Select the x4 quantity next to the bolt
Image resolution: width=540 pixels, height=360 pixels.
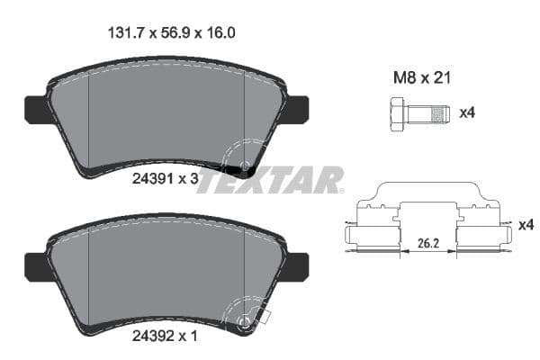click(x=467, y=114)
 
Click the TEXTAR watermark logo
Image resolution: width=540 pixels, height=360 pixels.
click(x=270, y=180)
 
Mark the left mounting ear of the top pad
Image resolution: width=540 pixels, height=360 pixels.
click(x=34, y=108)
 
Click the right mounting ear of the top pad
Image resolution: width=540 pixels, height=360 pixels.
click(x=297, y=108)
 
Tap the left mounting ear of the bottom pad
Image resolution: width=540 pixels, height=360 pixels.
click(x=34, y=264)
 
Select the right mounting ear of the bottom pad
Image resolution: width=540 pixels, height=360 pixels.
click(x=297, y=264)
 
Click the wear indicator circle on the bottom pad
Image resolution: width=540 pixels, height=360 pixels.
click(x=244, y=321)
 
